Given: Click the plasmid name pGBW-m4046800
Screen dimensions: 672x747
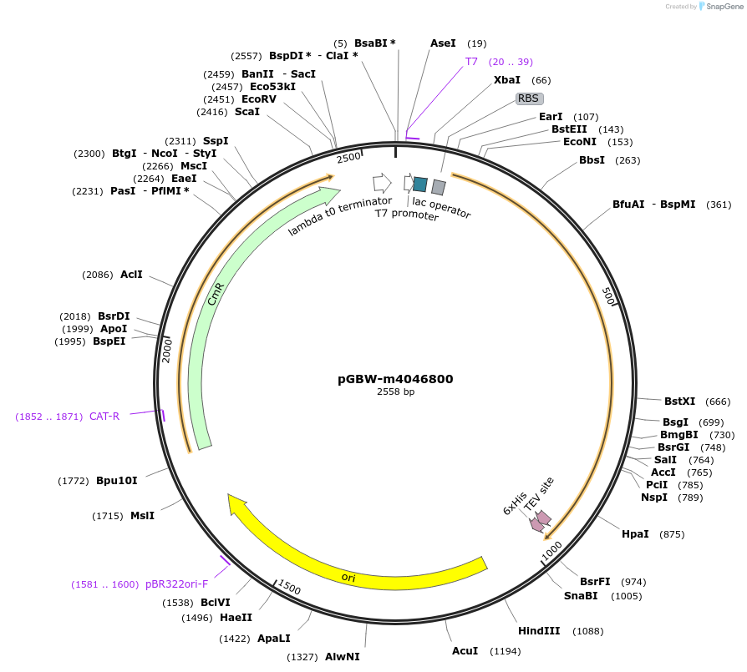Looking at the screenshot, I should coord(395,378).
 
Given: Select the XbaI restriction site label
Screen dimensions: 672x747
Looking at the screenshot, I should coord(507,80).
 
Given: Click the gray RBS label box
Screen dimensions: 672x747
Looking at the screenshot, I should coord(528,99).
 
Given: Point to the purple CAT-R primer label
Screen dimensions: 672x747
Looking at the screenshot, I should coord(104,416).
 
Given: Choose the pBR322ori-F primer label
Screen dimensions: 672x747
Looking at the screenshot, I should coord(176,584).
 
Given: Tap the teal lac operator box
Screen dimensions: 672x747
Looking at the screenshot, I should coord(420,184).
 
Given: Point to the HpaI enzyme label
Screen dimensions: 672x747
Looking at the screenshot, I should coord(635,533).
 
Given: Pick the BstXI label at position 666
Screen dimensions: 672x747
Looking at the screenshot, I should coord(679,402).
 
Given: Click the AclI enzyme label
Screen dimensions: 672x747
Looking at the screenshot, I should coord(131,274).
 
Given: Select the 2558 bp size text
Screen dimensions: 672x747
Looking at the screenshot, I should coord(395,392).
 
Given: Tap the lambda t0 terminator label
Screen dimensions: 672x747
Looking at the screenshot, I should coord(340,216).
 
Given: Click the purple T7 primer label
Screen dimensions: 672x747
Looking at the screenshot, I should coord(471,62).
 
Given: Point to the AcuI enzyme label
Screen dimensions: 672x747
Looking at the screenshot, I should coord(465,650).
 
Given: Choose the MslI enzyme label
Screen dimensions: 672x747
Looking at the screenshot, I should coord(142,516).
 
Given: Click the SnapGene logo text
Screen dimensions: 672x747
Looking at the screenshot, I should coord(724,6).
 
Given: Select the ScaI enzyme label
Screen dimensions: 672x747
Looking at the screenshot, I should coord(247,112).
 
